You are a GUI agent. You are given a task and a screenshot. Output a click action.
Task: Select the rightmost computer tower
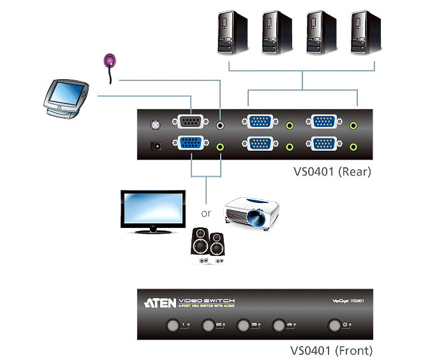tap(366, 31)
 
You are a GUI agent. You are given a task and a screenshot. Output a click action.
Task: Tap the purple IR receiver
tap(111, 61)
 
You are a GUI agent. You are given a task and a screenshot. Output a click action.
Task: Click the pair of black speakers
tap(209, 248)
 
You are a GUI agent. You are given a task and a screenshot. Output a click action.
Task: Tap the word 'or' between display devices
tap(206, 214)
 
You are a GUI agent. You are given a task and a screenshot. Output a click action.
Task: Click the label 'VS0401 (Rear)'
tap(332, 171)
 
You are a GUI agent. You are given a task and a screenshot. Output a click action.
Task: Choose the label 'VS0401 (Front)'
tap(331, 350)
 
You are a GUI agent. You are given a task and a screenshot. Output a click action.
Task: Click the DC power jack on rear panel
tap(154, 146)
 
